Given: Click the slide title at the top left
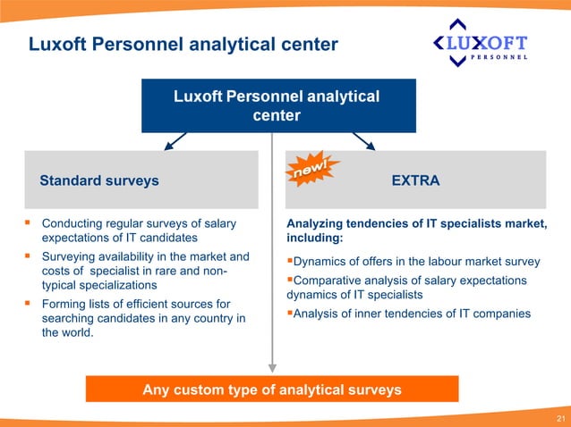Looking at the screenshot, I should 183,44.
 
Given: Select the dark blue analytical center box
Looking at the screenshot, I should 276,105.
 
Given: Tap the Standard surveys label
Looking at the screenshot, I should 99,180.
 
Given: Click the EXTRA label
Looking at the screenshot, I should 415,180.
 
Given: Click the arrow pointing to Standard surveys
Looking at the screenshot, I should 175,141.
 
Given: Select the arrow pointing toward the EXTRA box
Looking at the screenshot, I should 363,141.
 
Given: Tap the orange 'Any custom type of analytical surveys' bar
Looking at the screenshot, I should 272,389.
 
